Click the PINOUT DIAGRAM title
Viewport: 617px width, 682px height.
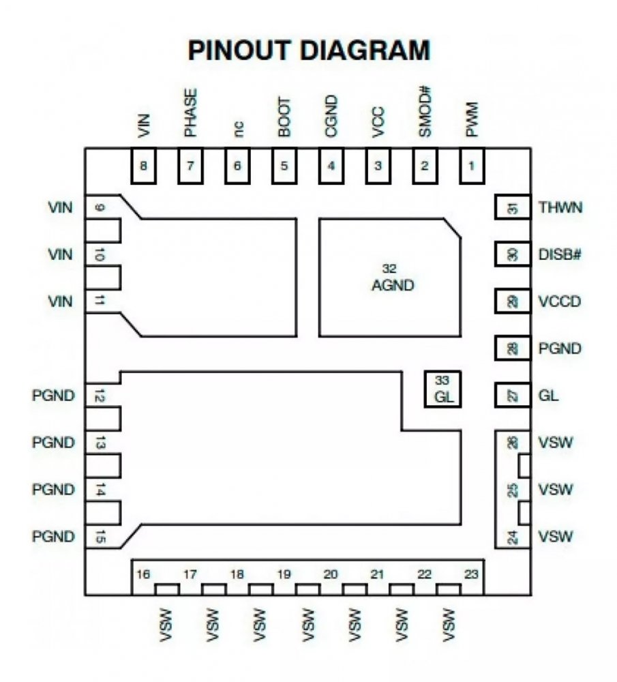coord(309,50)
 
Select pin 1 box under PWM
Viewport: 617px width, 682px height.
coord(471,166)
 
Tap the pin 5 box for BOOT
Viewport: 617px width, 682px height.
coord(284,166)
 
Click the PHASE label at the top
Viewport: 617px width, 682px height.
coord(190,113)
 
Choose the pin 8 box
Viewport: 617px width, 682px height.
coord(143,166)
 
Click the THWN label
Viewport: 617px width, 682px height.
coord(560,207)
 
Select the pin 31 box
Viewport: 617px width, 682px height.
coord(512,208)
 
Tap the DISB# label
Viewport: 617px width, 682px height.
coord(560,254)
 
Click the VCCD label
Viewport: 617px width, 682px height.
coord(559,301)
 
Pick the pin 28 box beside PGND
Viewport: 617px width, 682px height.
coord(512,349)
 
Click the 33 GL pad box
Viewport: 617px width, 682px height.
coord(442,389)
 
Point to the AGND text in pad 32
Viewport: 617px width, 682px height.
coord(393,286)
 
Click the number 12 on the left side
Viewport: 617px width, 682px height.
coord(100,396)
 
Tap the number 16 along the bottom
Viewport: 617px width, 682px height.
coord(142,575)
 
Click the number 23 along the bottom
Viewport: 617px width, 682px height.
coord(471,575)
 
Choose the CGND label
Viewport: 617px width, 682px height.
coord(331,119)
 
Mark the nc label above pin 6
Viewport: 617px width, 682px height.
coord(237,128)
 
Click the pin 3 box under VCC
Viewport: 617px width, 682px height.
coord(378,166)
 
